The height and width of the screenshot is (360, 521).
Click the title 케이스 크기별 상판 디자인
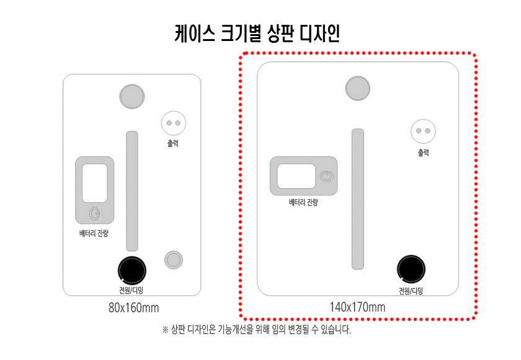257,34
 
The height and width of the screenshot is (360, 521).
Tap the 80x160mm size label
133,307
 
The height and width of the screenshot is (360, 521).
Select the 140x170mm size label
357,307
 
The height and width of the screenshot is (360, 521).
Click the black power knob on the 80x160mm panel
132,271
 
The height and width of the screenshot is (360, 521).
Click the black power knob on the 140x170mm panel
411,269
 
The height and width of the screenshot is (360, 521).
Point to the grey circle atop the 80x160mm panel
132,96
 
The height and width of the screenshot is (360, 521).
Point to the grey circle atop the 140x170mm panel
357,88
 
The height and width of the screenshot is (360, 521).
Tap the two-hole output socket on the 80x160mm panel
174,123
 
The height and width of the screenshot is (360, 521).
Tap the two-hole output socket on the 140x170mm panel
423,131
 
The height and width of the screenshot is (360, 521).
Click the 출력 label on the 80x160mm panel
173,143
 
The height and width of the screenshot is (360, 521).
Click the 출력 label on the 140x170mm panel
423,153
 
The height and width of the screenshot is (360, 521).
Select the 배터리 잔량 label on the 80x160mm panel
94,233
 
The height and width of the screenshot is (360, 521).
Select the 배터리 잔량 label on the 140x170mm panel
303,202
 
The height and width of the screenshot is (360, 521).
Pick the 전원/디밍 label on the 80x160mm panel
131,290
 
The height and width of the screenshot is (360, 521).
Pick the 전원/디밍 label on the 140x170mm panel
411,291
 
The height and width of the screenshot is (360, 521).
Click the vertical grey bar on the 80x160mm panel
132,191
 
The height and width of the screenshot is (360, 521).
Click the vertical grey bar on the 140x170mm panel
357,199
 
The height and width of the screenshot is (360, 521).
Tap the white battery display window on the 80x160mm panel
95,183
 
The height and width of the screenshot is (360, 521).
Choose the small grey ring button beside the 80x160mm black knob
174,259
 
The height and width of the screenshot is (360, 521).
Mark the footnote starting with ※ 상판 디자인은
257,330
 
